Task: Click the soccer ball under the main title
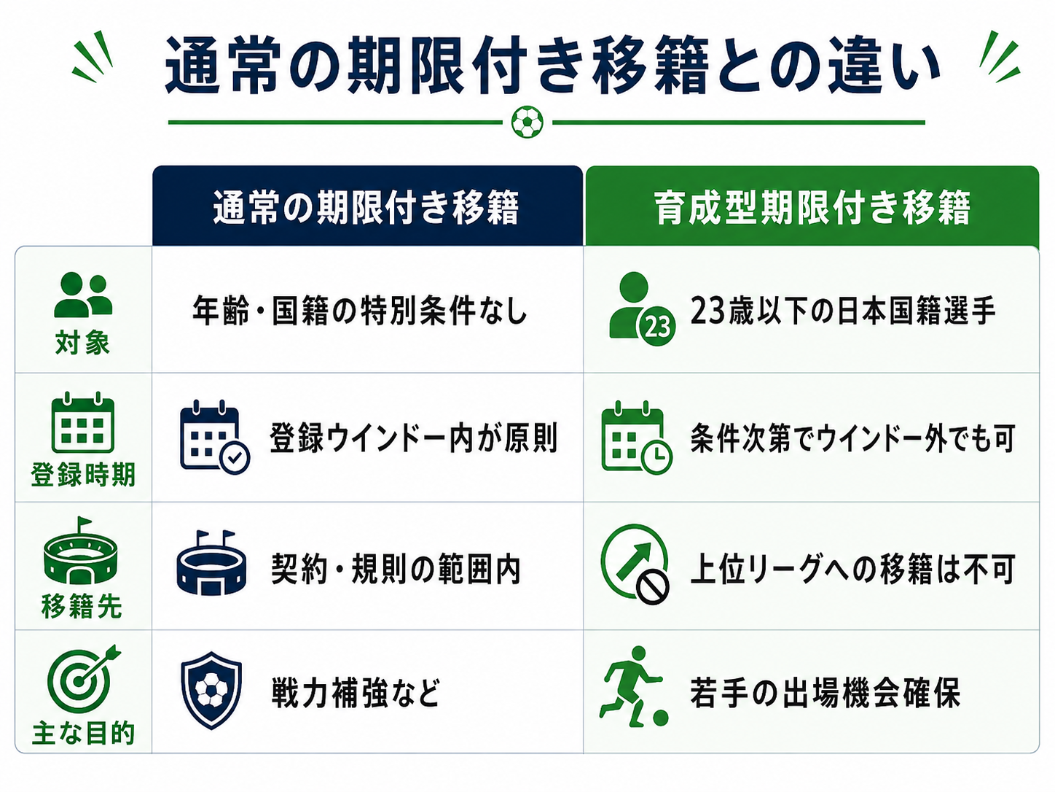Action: pyautogui.click(x=527, y=122)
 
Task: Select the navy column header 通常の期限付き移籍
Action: pyautogui.click(x=367, y=206)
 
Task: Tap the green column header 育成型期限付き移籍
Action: pyautogui.click(x=812, y=206)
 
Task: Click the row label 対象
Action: pyautogui.click(x=82, y=343)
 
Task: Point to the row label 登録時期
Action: pyautogui.click(x=83, y=475)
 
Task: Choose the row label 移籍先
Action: pyautogui.click(x=82, y=606)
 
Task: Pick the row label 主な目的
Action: pyautogui.click(x=83, y=734)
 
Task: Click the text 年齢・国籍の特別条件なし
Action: pyautogui.click(x=360, y=311)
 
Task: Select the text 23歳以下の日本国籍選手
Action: pyautogui.click(x=843, y=311)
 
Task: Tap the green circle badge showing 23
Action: pyautogui.click(x=656, y=327)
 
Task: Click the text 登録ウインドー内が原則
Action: pyautogui.click(x=414, y=438)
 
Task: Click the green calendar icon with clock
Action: pyautogui.click(x=636, y=438)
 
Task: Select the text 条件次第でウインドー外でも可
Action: pyautogui.click(x=852, y=438)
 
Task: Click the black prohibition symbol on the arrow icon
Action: pyautogui.click(x=652, y=586)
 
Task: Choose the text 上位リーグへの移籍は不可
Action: pyautogui.click(x=852, y=569)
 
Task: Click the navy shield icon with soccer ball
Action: pyautogui.click(x=211, y=691)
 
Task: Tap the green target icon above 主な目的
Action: pyautogui.click(x=81, y=680)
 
